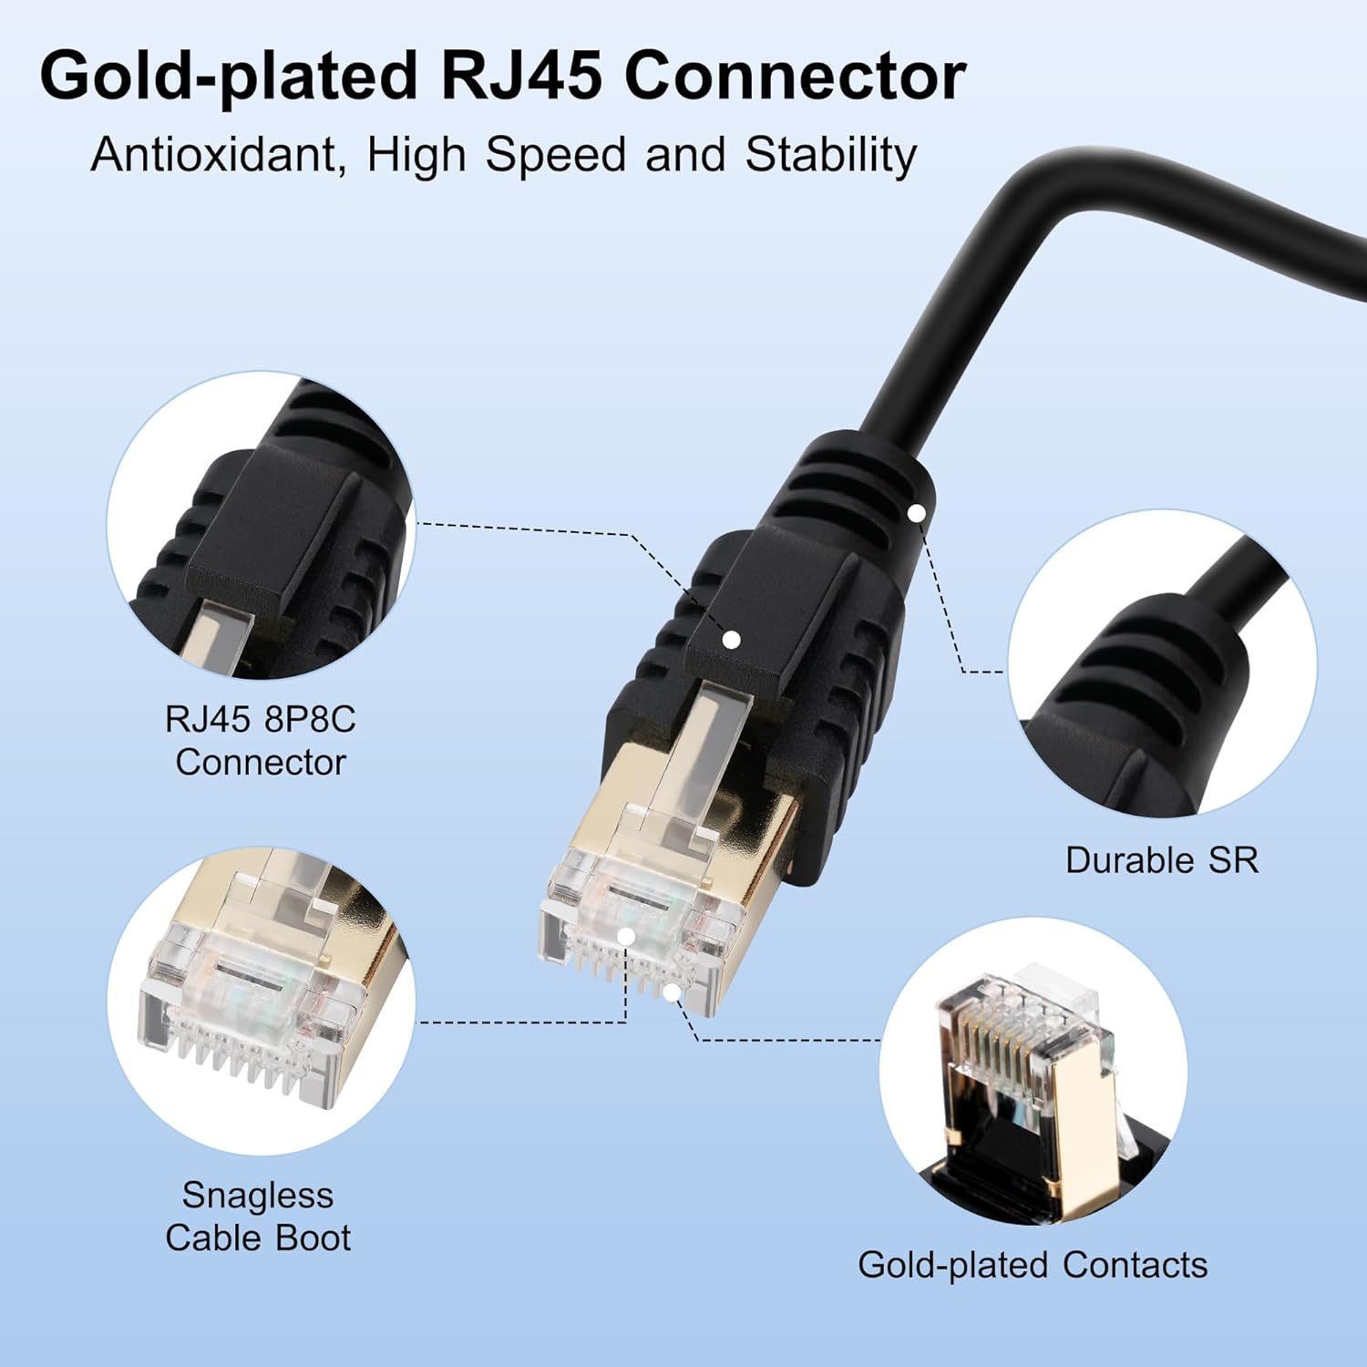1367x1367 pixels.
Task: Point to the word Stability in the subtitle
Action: [830, 154]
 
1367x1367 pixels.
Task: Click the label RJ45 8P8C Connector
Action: [261, 740]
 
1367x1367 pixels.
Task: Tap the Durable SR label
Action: [1162, 859]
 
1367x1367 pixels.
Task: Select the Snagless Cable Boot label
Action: [258, 1216]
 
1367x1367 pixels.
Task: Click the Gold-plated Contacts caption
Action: [1033, 1265]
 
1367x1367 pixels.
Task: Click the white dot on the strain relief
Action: [917, 514]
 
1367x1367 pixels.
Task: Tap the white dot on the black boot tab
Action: [731, 640]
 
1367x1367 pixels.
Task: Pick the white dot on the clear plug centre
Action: [626, 936]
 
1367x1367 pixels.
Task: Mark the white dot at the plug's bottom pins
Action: [672, 992]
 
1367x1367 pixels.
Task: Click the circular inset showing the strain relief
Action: [1162, 663]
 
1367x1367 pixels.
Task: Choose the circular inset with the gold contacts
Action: [1033, 1072]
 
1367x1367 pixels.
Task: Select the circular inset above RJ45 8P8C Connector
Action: [261, 525]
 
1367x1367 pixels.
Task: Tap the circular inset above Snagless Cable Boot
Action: [261, 1001]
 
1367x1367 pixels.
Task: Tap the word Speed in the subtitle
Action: [555, 154]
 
